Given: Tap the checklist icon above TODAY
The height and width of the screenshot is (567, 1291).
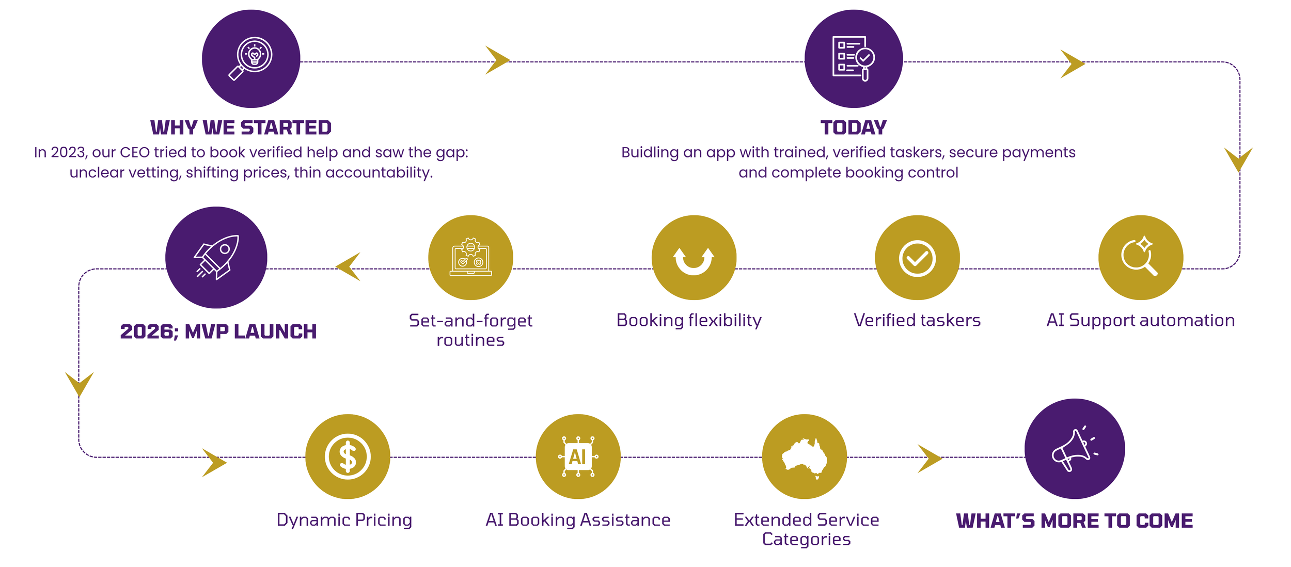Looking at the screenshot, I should click(854, 58).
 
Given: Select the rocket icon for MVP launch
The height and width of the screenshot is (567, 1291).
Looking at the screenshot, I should click(216, 257).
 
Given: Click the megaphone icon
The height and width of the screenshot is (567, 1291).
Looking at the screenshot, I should click(1074, 449).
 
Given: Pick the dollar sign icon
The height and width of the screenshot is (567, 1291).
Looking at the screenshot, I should click(348, 456).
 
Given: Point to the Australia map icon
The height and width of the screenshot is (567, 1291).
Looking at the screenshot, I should click(804, 456).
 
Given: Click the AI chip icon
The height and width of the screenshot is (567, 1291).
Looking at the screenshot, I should click(578, 456).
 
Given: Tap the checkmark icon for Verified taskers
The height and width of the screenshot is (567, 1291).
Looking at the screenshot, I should click(917, 258).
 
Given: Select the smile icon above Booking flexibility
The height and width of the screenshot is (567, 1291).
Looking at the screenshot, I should click(694, 258).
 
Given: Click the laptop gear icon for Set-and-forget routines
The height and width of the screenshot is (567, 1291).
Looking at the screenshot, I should click(470, 258).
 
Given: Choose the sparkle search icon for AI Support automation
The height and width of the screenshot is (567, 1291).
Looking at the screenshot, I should click(1140, 258).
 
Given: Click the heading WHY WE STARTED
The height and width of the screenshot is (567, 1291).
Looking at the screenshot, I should click(241, 128).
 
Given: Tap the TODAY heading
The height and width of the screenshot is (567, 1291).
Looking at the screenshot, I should click(854, 128).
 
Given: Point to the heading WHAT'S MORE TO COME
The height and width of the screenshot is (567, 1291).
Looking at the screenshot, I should click(1074, 521).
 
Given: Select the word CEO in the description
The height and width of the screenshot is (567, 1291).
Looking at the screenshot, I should click(134, 152).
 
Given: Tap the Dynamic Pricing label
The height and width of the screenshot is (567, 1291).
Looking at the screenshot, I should click(344, 519).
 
